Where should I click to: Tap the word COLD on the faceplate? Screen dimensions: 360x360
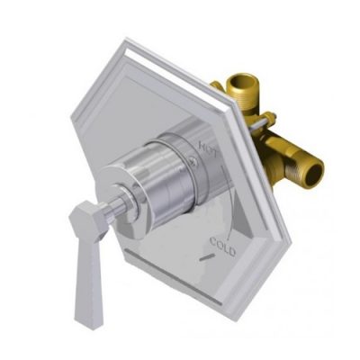(222, 245)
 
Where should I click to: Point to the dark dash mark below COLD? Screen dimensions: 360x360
(211, 259)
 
